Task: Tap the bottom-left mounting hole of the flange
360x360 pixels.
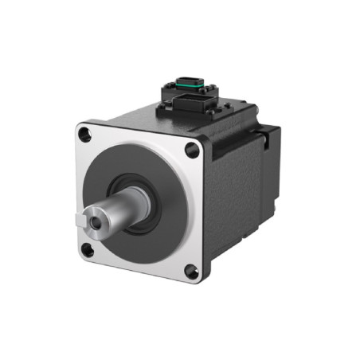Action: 88,250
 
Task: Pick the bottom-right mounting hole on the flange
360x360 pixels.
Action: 191,272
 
